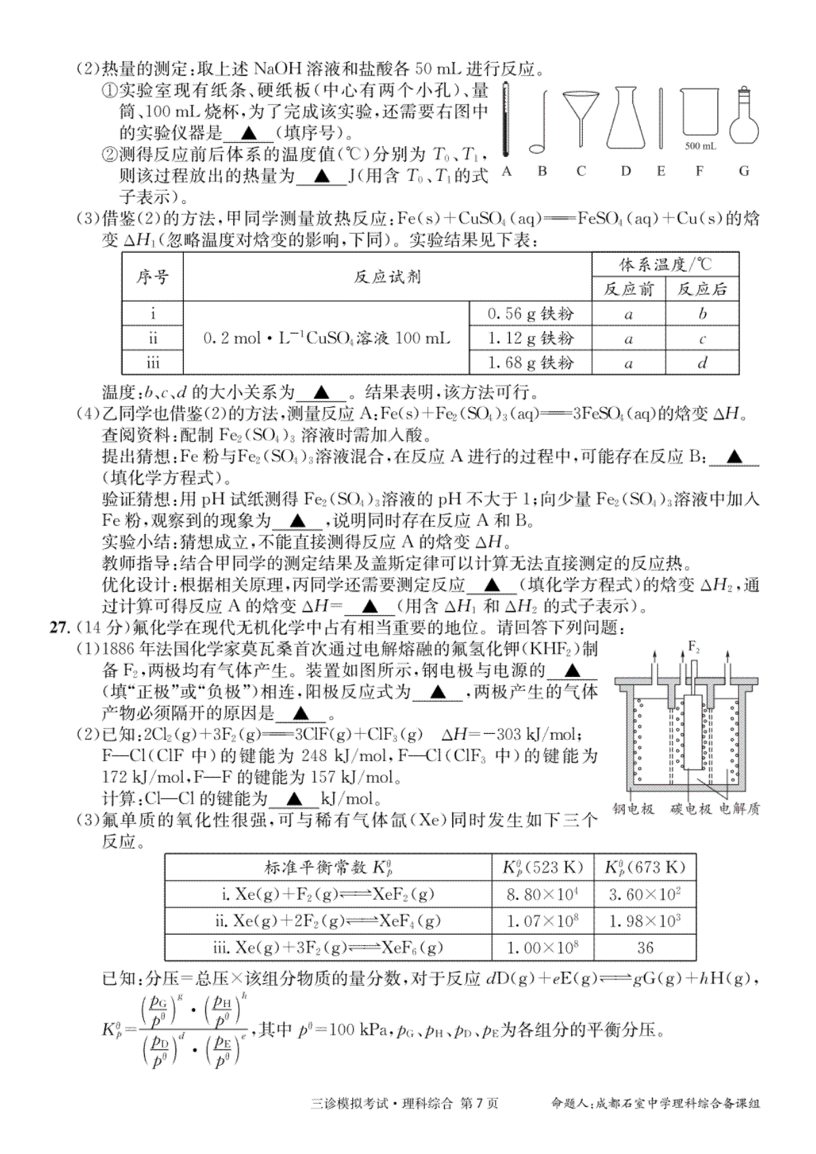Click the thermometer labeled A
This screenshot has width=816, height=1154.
[x=505, y=120]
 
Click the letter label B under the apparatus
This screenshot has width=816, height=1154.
[x=542, y=171]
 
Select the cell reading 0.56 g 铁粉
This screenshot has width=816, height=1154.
[x=530, y=313]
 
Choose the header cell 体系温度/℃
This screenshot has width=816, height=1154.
[x=665, y=264]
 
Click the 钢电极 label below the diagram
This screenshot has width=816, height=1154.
[x=632, y=809]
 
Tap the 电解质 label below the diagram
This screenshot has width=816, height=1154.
[x=740, y=809]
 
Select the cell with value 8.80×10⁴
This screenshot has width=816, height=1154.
[x=542, y=894]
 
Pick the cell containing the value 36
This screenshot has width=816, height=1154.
[x=645, y=947]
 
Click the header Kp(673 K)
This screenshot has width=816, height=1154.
[x=645, y=867]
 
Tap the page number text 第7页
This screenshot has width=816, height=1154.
[x=479, y=1103]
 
